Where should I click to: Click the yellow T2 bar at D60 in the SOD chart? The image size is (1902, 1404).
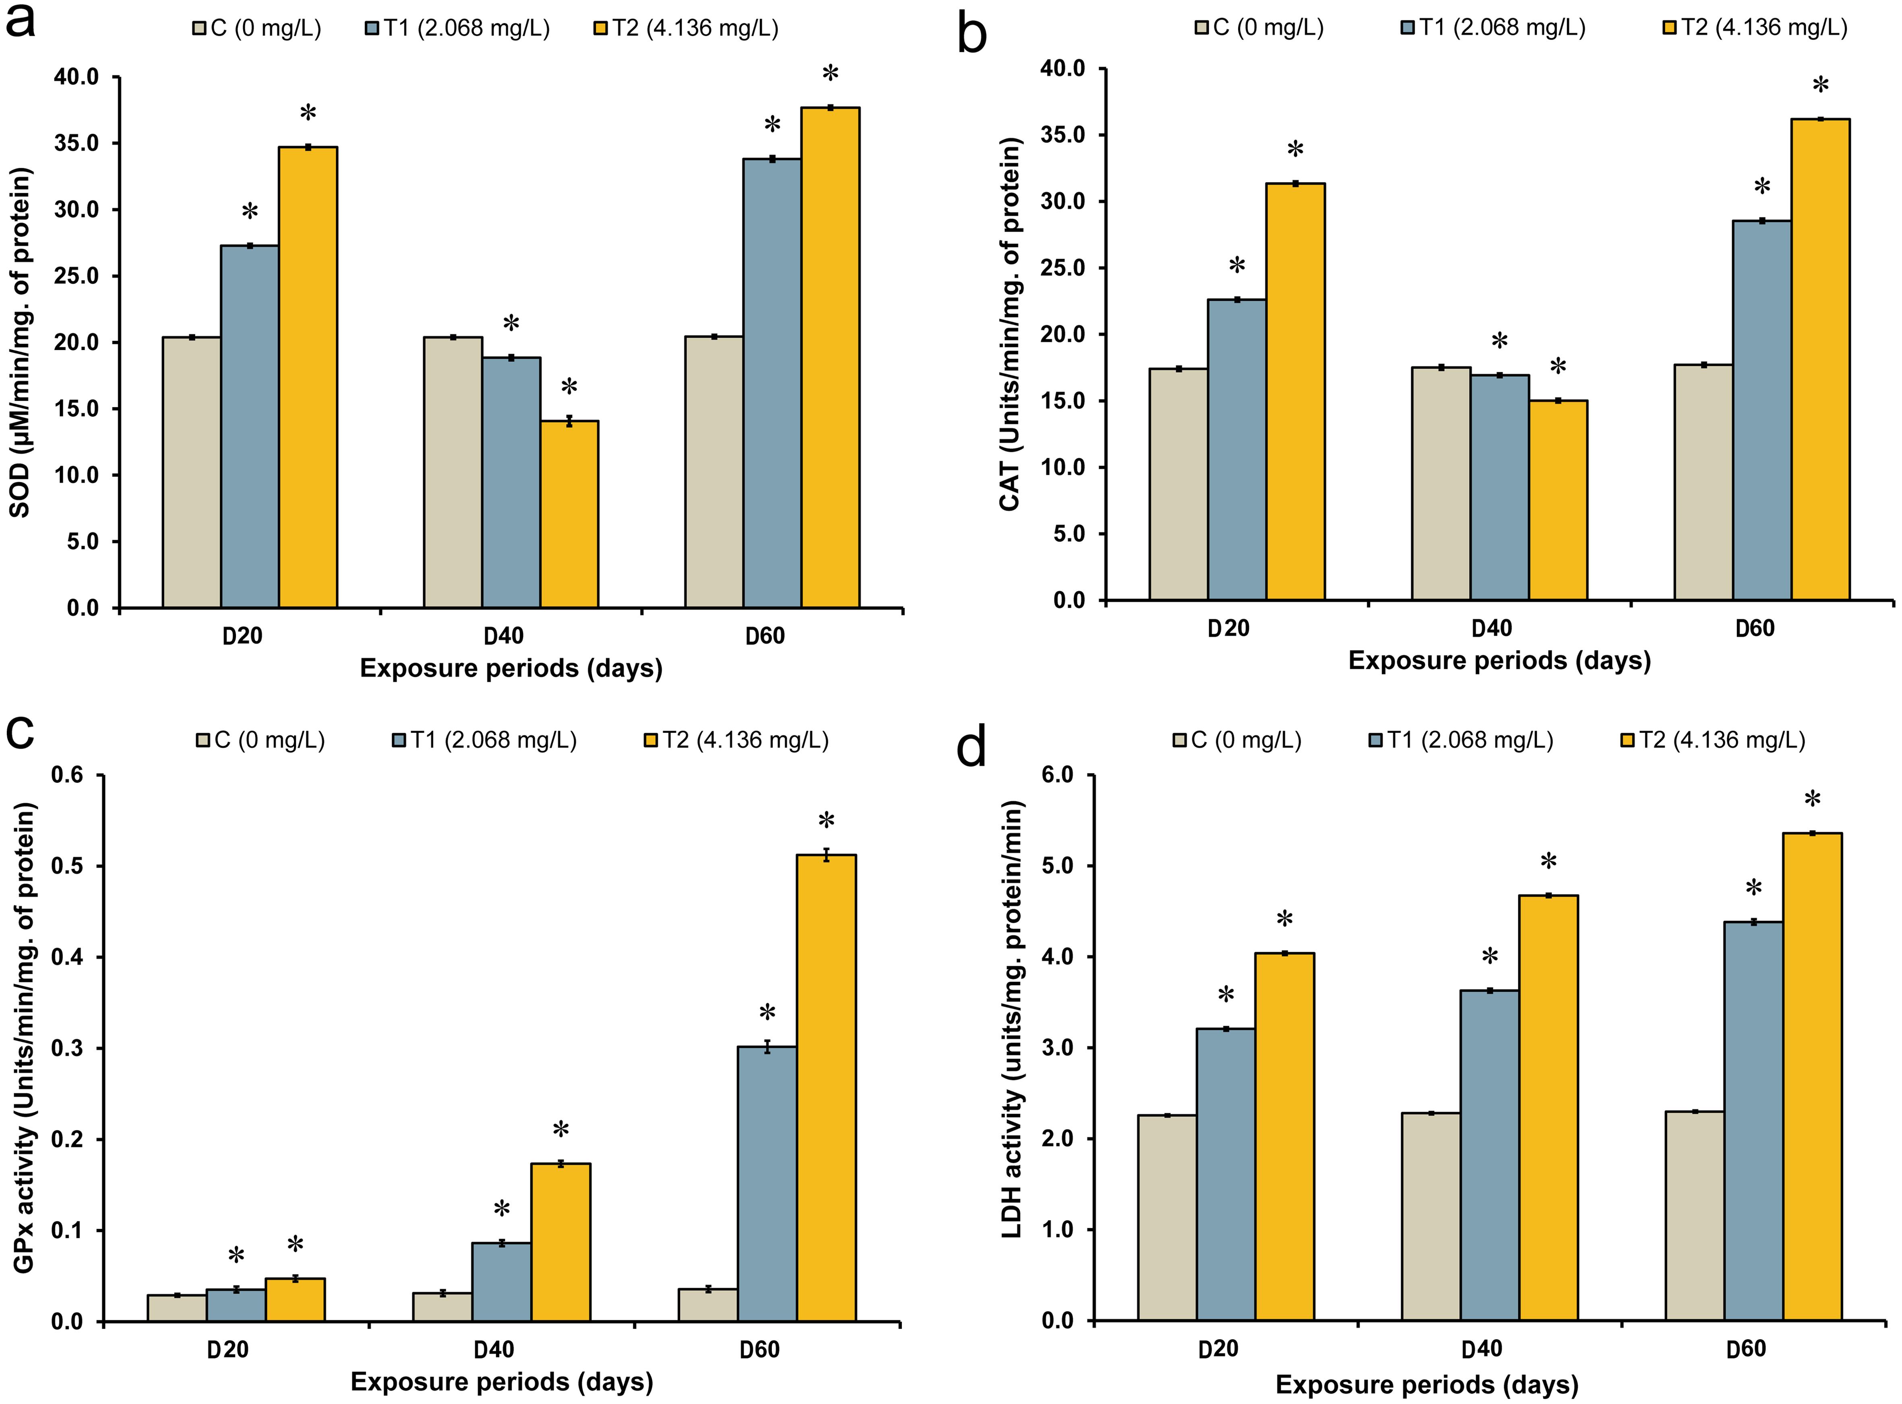[830, 357]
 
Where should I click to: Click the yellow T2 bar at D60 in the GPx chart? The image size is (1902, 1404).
[826, 1088]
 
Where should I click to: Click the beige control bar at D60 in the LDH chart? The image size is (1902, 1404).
[1695, 1215]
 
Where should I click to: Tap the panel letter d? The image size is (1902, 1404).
[972, 748]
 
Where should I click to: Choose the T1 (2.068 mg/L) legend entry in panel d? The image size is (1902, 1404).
[1461, 740]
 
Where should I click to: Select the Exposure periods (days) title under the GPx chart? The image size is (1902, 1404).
[502, 1381]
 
